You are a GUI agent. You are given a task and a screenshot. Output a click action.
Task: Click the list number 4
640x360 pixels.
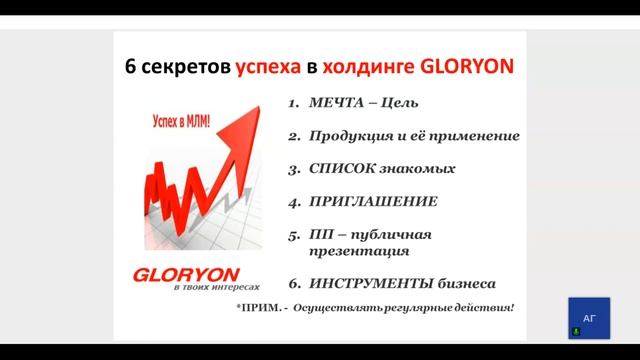click(x=293, y=201)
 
